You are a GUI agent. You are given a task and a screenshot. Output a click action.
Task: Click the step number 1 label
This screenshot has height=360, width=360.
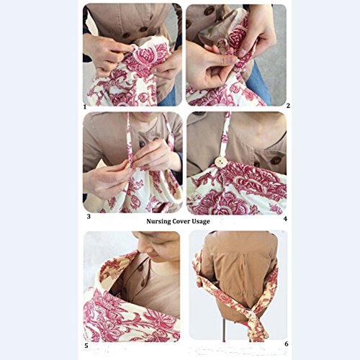tap(84, 107)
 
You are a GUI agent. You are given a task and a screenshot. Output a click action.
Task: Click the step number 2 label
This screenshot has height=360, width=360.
tap(288, 106)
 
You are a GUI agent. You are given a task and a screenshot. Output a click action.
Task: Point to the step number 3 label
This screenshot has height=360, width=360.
tap(89, 217)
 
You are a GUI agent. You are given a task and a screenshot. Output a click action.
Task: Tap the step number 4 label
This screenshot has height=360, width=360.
tap(285, 219)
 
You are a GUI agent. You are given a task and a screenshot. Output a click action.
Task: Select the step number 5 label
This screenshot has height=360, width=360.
tap(86, 346)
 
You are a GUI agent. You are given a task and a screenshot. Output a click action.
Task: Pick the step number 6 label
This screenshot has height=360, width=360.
tap(287, 344)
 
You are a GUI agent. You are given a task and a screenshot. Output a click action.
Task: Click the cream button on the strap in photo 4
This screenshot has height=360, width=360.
tap(220, 162)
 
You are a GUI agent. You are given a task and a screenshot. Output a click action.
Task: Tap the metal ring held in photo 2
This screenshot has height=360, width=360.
tap(222, 45)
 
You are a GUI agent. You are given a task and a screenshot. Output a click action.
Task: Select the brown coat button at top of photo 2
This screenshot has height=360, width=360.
tap(210, 10)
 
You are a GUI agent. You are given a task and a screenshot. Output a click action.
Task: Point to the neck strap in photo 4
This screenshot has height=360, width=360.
tap(225, 135)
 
